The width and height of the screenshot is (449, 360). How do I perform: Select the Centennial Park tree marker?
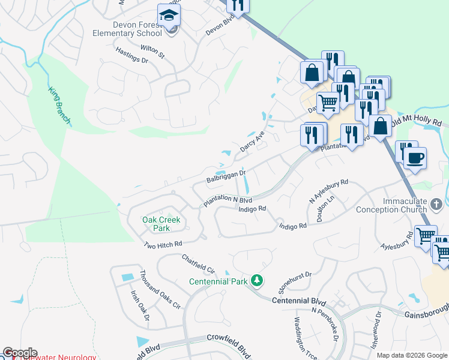coord(257,280)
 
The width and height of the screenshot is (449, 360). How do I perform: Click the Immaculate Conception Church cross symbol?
coord(436,205)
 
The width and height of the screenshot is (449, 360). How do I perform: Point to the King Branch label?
coord(59,106)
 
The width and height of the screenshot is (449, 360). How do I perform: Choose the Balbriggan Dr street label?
coord(226,176)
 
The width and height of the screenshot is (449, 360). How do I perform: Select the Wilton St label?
coord(152,51)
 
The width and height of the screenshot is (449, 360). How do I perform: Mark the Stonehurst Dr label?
coord(294,281)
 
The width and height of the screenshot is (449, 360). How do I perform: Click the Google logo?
coord(20,353)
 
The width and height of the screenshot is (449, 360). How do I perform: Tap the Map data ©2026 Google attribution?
coord(412,355)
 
